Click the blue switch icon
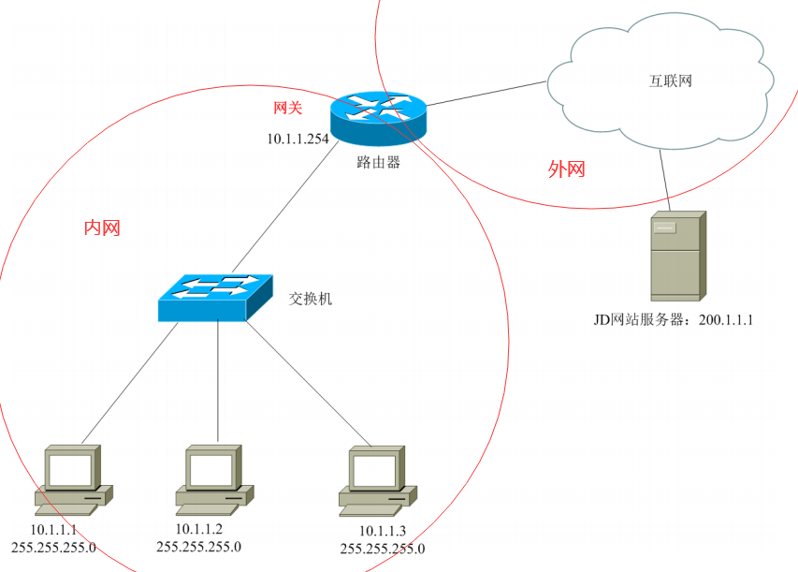coord(215,297)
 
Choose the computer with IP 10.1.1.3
coord(377,479)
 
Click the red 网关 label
coord(287,109)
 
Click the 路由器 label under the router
coord(378,162)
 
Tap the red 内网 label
coord(102,227)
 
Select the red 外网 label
coord(566,169)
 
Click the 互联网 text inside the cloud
coord(671,81)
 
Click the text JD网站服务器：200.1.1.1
coord(674,320)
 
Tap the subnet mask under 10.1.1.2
coord(198,547)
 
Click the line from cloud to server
coord(666,178)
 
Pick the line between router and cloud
coord(486,94)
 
